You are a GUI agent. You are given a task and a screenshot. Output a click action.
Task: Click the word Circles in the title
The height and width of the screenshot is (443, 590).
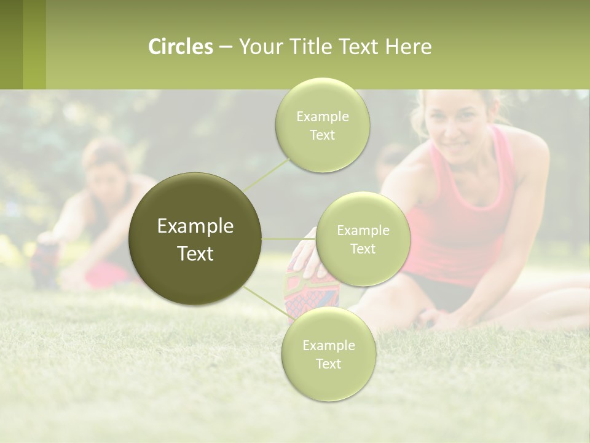point(180,47)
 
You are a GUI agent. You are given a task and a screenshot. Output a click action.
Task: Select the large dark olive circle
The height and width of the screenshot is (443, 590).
point(195,239)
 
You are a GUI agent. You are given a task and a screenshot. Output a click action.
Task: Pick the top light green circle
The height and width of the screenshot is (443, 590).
point(322,125)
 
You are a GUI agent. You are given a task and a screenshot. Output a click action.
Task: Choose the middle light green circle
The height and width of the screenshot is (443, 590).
point(363,239)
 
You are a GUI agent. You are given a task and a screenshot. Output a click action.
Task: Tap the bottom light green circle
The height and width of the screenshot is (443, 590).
point(328,354)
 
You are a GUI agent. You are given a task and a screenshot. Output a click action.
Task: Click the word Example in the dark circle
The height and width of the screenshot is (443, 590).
point(195,226)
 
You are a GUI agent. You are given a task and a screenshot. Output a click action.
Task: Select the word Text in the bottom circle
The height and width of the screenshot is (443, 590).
point(328,364)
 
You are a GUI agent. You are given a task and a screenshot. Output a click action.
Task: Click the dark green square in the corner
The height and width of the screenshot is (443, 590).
point(11,44)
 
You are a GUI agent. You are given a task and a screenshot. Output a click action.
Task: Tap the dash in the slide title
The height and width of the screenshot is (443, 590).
point(225,47)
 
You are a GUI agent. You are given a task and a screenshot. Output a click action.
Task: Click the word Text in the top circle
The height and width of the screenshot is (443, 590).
point(322,135)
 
